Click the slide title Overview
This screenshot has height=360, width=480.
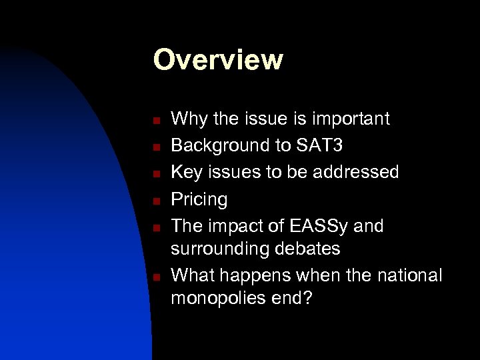218,59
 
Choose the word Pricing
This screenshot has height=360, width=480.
199,199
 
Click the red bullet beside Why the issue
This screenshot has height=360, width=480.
154,121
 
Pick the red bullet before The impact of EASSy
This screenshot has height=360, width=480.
154,227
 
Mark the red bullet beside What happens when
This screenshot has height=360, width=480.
154,277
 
